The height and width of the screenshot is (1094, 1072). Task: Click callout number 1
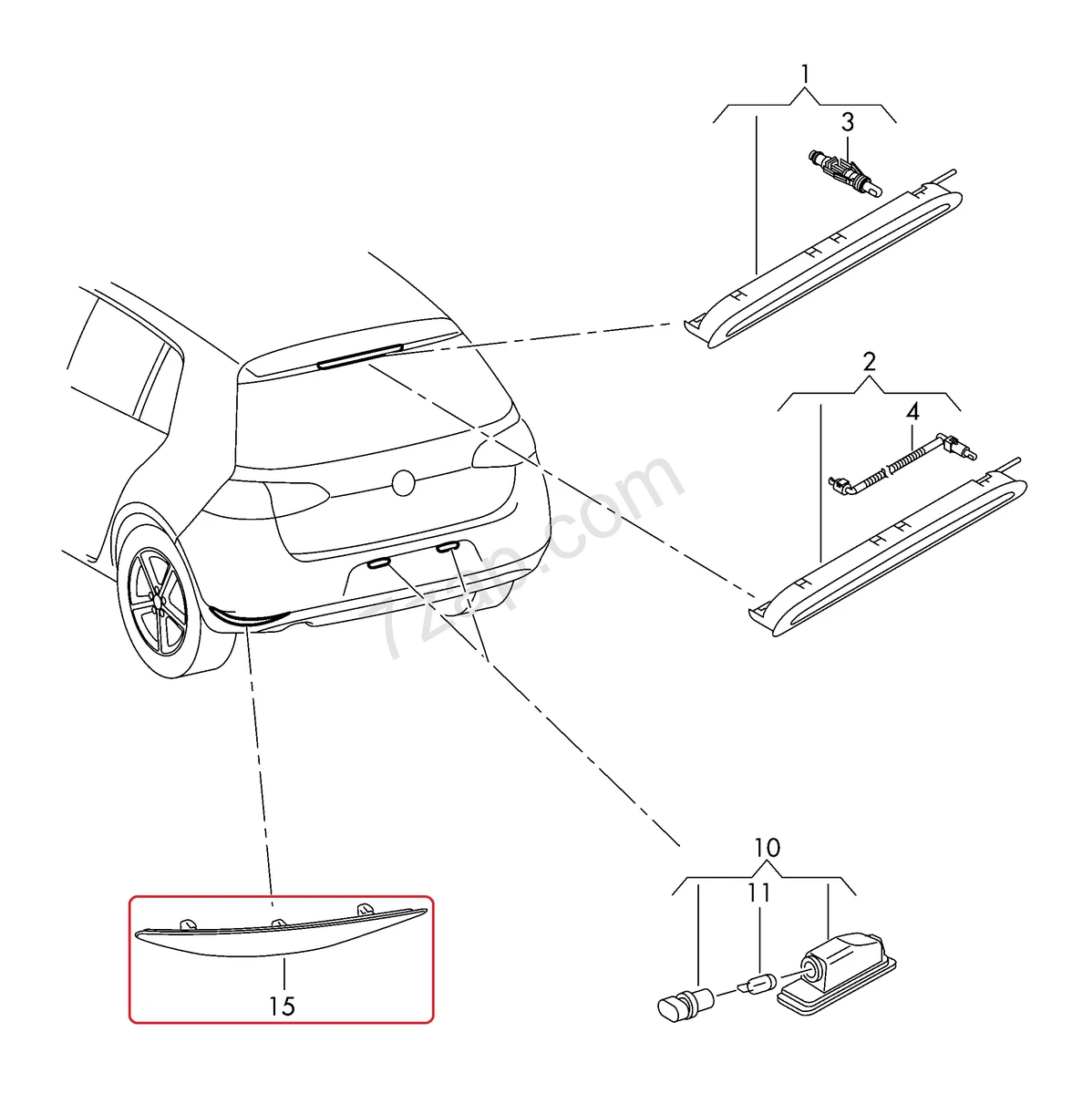coord(805,72)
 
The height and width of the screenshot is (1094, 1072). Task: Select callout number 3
coord(847,122)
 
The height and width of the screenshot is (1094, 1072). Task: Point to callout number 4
coord(912,411)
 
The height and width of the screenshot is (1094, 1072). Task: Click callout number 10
coord(767,848)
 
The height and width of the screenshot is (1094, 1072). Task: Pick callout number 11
coord(759,893)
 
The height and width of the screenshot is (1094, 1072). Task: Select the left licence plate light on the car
coord(378,564)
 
